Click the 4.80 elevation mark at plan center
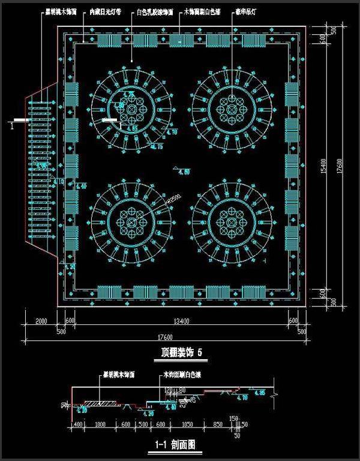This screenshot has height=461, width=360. tap(185, 172)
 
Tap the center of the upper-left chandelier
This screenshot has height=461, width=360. tap(132, 109)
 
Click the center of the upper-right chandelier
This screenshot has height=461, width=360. tap(233, 109)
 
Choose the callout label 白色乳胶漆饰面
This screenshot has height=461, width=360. tap(155, 11)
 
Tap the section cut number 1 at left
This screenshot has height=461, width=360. tap(13, 125)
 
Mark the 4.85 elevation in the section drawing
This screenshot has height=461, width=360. tap(259, 393)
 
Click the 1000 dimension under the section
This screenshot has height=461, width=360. tap(100, 424)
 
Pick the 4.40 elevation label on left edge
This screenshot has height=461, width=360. tap(82, 186)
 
